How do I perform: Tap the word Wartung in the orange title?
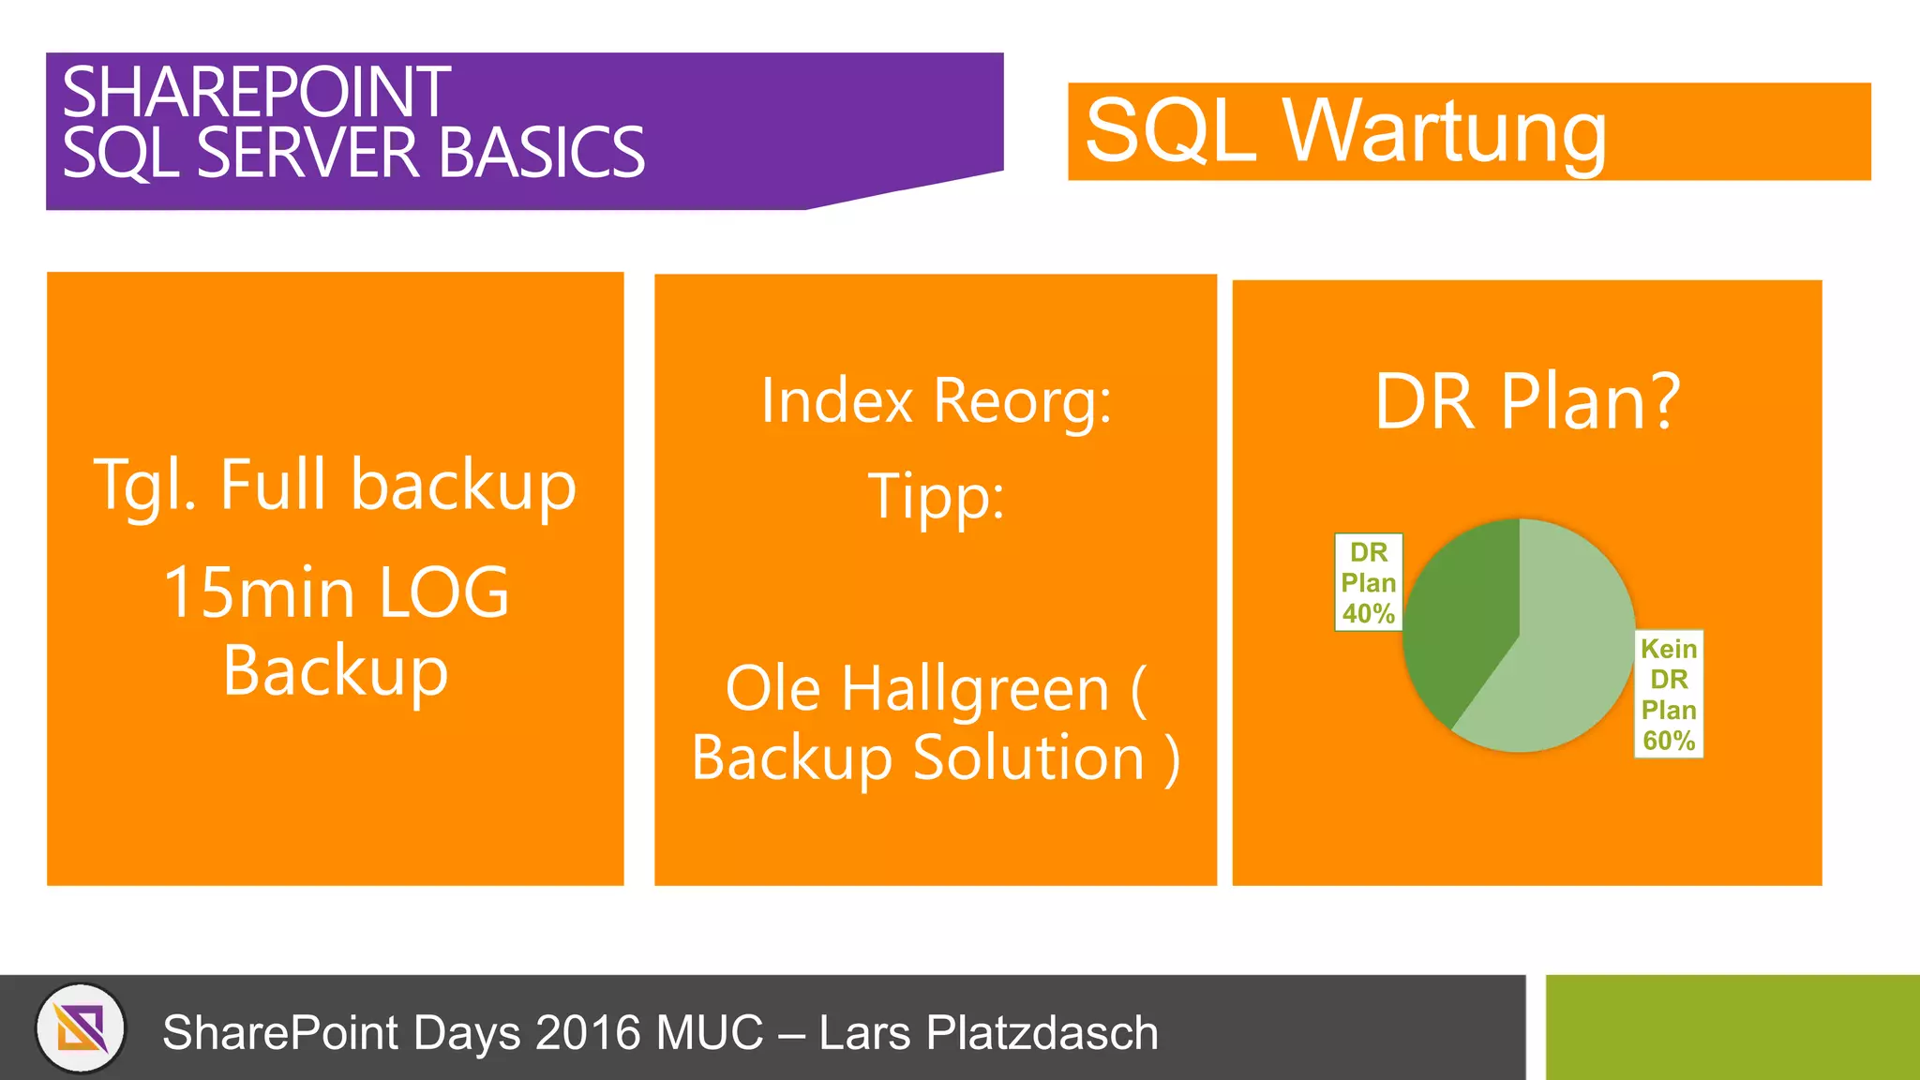tap(1444, 132)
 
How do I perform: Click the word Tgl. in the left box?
tap(144, 487)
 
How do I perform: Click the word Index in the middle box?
tap(836, 401)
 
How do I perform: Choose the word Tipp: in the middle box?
tap(936, 497)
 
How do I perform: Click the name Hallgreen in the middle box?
tap(975, 689)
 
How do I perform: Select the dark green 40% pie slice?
tap(1462, 619)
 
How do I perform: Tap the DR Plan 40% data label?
tap(1369, 583)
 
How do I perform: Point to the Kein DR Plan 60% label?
tap(1669, 694)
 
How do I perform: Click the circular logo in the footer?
tap(81, 1027)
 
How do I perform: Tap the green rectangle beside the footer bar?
tap(1732, 1027)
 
